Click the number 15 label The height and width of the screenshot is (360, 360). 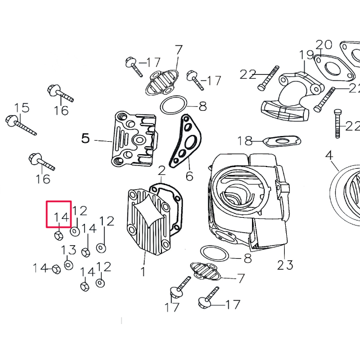coord(21,107)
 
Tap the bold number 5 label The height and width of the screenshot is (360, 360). coord(85,138)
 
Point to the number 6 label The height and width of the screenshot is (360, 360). coord(190,176)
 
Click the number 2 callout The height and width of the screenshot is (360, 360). coord(161,170)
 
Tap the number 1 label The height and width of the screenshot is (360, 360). coord(142,272)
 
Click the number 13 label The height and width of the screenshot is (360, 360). coord(69,250)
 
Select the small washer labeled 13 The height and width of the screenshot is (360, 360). coord(69,264)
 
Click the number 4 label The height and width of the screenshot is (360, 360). coord(329,155)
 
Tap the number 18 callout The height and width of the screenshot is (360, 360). coord(245,141)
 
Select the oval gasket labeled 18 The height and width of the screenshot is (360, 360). coord(281,140)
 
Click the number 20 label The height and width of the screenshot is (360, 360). coord(324,44)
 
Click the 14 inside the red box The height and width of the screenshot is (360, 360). coord(61,217)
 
